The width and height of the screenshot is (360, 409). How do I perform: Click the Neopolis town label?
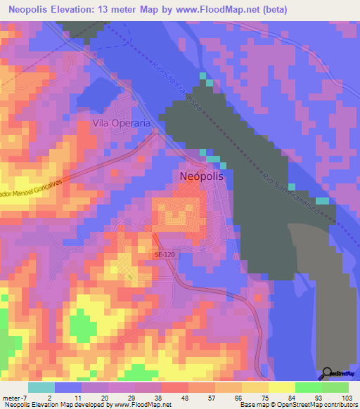(x=202, y=176)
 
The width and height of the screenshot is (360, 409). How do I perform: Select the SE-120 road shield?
(x=164, y=255)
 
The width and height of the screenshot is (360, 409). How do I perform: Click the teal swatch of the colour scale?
(x=41, y=387)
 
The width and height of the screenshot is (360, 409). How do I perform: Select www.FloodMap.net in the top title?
(x=217, y=10)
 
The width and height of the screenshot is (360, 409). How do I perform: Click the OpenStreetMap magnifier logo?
(x=328, y=373)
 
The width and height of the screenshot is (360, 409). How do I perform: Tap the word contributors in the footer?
(x=339, y=405)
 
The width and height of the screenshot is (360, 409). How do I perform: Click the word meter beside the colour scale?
(x=11, y=397)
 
